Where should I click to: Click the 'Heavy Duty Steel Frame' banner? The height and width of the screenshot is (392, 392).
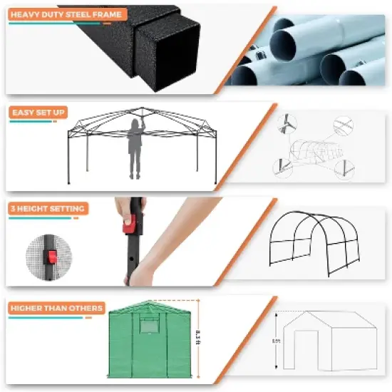[x=66, y=14]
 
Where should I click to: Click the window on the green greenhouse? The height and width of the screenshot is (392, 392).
[x=149, y=329]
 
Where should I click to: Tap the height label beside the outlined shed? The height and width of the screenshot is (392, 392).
[x=277, y=342]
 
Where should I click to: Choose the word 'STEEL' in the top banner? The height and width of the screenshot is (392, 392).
[x=83, y=14]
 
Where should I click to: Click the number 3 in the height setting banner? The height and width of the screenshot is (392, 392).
[x=14, y=209]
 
